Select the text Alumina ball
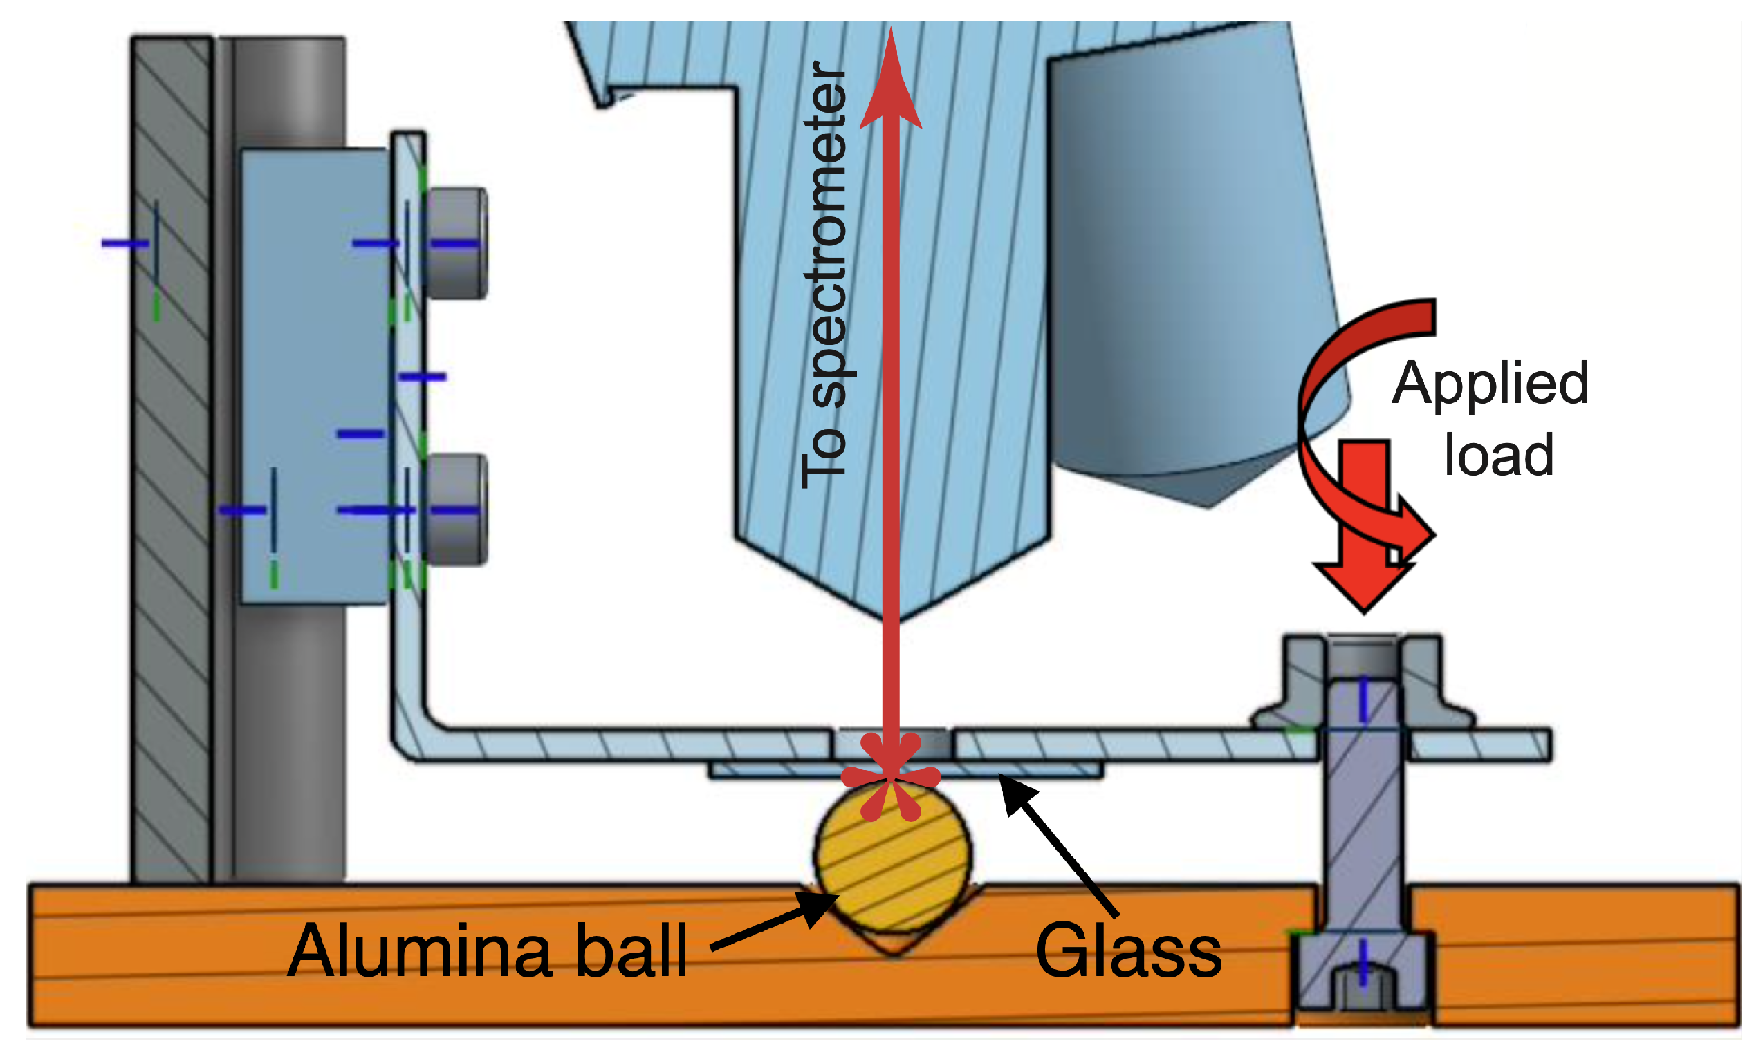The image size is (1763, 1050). [488, 952]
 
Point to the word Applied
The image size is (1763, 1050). [1490, 384]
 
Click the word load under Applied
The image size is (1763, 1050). [1498, 455]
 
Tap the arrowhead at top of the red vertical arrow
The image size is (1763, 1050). [891, 85]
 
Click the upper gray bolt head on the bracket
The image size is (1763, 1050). [457, 243]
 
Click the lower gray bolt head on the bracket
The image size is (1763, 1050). [457, 509]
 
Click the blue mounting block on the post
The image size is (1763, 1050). [315, 375]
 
